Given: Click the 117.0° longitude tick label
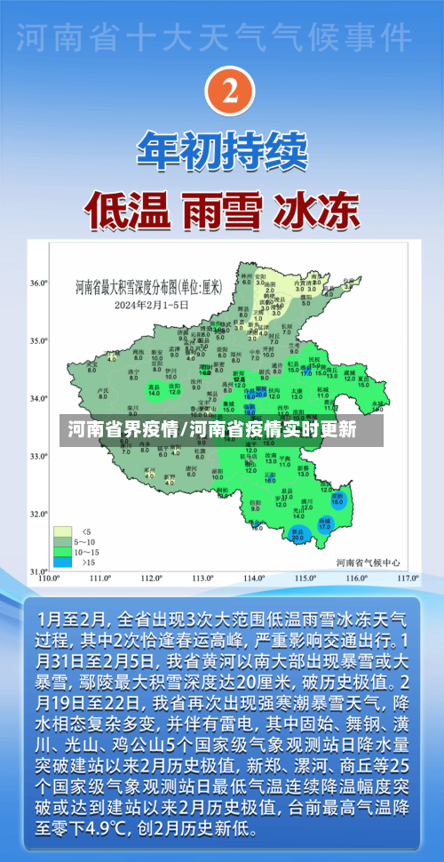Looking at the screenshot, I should tap(408, 579).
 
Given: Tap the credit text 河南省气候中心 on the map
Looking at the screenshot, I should tap(368, 563).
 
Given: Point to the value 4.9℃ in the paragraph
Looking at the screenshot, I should tap(131, 828).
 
